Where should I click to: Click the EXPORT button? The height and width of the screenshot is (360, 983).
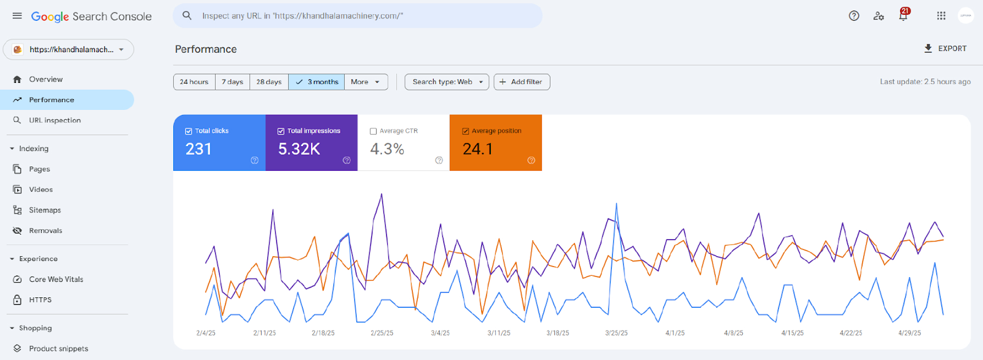[945, 49]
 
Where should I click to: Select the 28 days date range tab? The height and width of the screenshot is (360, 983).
[269, 82]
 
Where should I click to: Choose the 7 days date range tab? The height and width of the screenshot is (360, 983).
[232, 82]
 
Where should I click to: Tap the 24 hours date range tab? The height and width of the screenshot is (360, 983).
[194, 82]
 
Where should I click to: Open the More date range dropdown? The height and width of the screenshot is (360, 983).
[366, 82]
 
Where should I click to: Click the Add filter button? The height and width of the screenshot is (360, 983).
[522, 82]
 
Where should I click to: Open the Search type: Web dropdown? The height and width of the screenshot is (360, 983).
[447, 82]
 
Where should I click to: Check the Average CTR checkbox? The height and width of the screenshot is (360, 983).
[374, 131]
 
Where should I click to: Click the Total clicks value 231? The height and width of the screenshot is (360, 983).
[198, 149]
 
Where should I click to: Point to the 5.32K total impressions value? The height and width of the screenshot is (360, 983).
[299, 149]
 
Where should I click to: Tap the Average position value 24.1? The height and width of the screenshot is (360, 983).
[477, 149]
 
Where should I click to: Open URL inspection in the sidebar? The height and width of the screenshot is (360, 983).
[55, 120]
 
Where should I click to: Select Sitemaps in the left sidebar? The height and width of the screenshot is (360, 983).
[45, 210]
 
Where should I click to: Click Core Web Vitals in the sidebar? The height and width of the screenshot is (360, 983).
[56, 280]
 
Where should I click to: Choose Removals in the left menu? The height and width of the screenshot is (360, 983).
[45, 230]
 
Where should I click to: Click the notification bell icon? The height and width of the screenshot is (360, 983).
[903, 16]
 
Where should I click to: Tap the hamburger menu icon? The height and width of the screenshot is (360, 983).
[17, 16]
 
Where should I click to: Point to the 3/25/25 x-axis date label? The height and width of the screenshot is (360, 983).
[616, 333]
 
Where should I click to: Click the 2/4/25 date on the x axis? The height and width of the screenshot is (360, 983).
[206, 333]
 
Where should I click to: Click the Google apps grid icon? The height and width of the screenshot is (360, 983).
[941, 16]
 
